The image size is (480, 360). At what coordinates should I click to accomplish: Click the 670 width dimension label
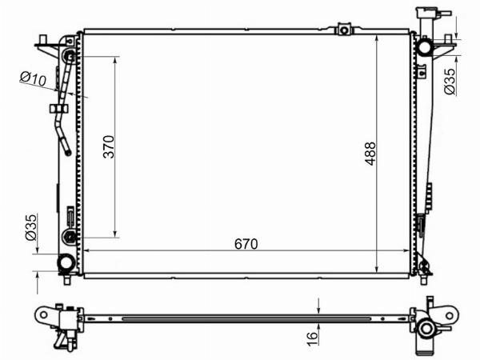point(246,244)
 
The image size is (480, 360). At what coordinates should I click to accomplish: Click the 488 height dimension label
point(370,154)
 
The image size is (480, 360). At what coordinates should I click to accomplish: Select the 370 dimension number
point(109,146)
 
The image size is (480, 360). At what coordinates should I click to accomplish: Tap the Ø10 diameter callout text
point(33,78)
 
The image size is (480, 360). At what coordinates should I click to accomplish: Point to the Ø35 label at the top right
point(450,82)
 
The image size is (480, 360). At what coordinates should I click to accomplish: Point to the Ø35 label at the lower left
point(31,227)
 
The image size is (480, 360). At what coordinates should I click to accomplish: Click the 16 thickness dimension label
point(312,338)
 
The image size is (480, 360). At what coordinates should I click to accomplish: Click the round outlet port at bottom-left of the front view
point(66,262)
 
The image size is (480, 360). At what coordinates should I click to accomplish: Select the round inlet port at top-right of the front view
point(425,47)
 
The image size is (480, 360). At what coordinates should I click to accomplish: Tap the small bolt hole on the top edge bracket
point(344,30)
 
